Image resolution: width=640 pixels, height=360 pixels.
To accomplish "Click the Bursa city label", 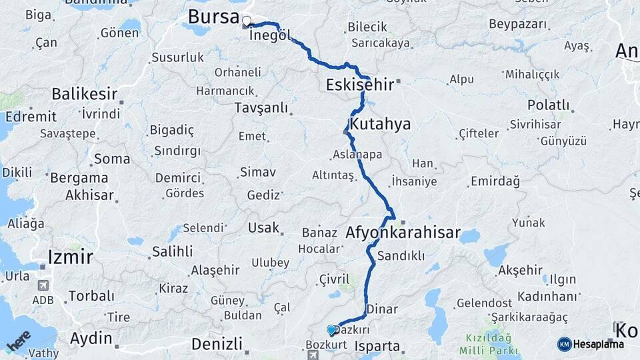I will tap(213, 17).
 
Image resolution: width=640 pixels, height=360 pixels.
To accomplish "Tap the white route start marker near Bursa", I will tap(247, 21).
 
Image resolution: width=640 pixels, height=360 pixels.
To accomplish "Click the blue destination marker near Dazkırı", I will tap(331, 330).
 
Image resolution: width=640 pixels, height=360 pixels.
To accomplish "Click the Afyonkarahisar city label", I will tap(403, 233).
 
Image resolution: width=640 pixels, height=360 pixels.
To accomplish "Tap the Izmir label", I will tap(70, 256).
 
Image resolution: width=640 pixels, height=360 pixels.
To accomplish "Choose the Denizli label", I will tap(216, 344).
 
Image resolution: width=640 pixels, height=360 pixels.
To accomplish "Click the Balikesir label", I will tap(85, 93).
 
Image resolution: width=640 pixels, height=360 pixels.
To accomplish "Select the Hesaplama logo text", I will tap(597, 344).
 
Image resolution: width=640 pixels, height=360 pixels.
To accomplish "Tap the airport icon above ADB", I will tap(43, 285).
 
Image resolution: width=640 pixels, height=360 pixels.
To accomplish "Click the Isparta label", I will tap(377, 347).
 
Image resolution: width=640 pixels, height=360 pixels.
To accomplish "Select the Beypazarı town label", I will tap(517, 25).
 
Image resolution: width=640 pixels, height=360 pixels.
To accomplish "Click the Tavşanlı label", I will tap(261, 107).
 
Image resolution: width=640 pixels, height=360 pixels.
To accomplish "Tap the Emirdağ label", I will tap(495, 181).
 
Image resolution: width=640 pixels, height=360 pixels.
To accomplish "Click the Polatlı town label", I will tap(548, 105).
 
